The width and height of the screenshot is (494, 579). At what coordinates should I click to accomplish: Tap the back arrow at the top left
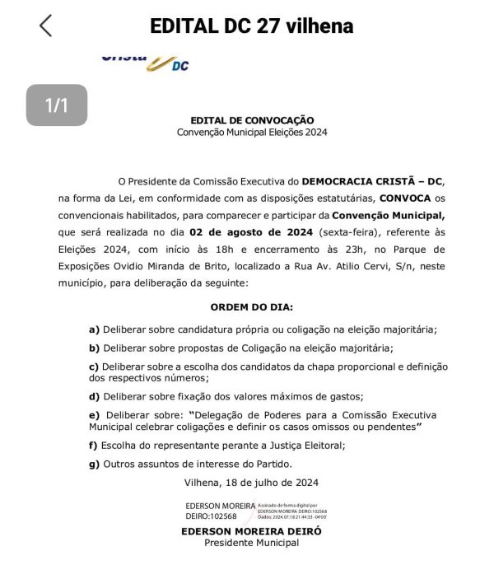coord(45,26)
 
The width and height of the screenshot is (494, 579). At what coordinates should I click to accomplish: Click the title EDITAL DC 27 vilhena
coord(251,26)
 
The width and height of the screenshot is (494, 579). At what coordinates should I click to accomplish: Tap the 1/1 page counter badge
coord(56,105)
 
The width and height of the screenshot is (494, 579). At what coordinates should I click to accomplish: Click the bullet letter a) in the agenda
coord(95,329)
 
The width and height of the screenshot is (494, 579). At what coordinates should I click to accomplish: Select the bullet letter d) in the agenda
coord(95,396)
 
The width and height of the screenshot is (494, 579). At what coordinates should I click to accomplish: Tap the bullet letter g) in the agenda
coord(95,464)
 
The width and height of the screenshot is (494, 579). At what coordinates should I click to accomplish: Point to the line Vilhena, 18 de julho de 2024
coord(251,482)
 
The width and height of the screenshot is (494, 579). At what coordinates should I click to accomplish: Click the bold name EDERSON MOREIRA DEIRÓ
coord(251,531)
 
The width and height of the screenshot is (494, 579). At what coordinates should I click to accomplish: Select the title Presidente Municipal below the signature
coord(251,543)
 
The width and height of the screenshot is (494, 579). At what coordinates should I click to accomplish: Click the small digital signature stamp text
coord(292,511)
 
